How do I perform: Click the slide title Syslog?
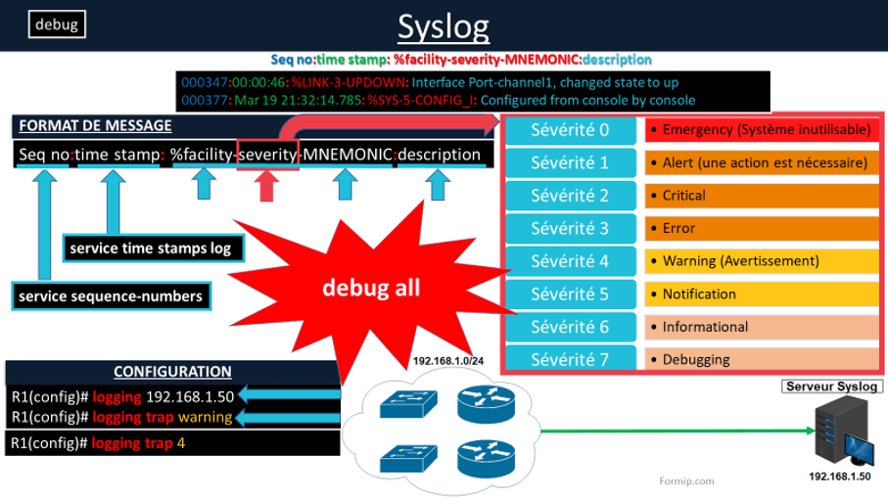(x=444, y=26)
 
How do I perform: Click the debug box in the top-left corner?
(x=57, y=23)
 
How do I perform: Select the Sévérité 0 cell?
(x=569, y=129)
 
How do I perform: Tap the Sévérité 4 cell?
(x=569, y=261)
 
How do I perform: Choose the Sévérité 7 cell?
(x=569, y=359)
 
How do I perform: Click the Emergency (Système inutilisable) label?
(x=766, y=129)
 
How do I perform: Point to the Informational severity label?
(x=705, y=327)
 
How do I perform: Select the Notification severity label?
(x=699, y=294)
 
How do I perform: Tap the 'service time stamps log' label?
(x=151, y=249)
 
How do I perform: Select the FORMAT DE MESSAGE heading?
(x=95, y=125)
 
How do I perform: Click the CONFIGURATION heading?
(x=172, y=372)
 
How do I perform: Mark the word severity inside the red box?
(x=267, y=155)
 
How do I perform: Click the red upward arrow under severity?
(x=267, y=185)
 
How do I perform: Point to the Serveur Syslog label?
(x=831, y=386)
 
